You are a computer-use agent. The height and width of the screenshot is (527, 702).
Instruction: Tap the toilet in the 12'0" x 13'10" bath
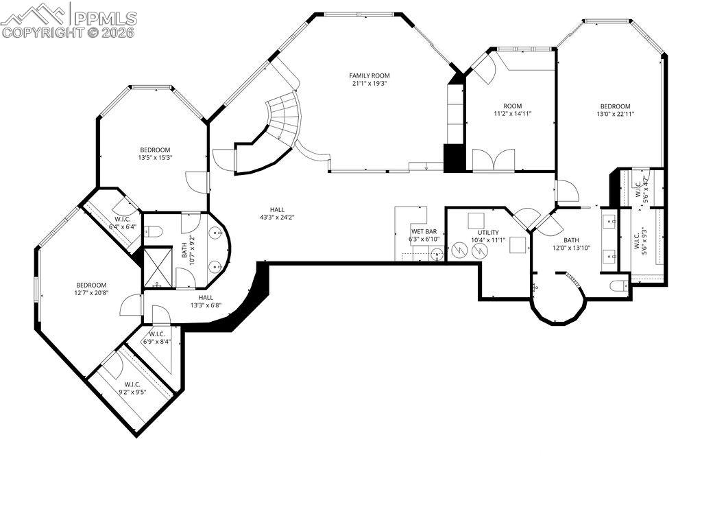coord(620,285)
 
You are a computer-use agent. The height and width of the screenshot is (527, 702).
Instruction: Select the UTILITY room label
coord(488,233)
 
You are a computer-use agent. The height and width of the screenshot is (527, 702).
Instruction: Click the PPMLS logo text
coord(106,18)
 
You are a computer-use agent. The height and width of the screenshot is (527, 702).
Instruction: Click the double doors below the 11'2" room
coord(494,160)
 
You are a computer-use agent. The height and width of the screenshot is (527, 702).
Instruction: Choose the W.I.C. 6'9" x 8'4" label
coord(157,338)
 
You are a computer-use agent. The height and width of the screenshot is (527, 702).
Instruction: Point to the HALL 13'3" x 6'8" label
coord(206,301)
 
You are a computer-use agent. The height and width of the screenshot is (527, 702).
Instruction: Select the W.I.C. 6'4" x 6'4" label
coord(123,223)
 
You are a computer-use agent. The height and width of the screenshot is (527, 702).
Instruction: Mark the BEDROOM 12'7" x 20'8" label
coord(91,289)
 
